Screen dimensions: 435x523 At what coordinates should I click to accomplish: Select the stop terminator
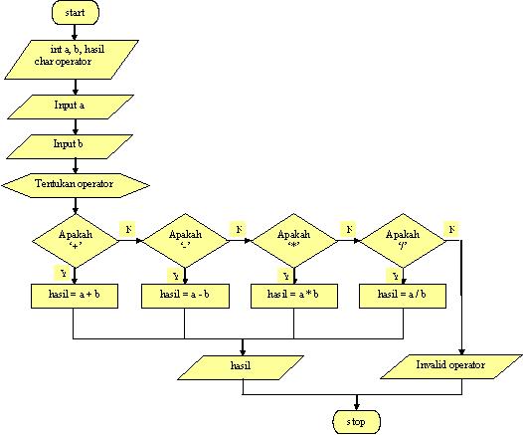coord(355,421)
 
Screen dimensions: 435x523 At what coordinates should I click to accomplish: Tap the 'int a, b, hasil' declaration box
coord(76,56)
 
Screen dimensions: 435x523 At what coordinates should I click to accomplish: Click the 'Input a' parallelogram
coord(76,104)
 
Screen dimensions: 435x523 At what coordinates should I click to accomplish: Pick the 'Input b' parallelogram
coord(76,145)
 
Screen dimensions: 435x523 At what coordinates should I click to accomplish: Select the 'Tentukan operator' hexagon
coord(76,184)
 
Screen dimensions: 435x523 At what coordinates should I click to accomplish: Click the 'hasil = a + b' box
coord(76,295)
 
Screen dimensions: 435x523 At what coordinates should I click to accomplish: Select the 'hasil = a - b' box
coord(184,295)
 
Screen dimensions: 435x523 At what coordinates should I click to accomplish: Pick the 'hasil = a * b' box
coord(292,295)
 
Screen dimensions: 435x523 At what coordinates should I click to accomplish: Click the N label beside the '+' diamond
coord(128,229)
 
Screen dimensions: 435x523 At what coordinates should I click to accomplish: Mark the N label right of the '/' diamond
coord(452,229)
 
